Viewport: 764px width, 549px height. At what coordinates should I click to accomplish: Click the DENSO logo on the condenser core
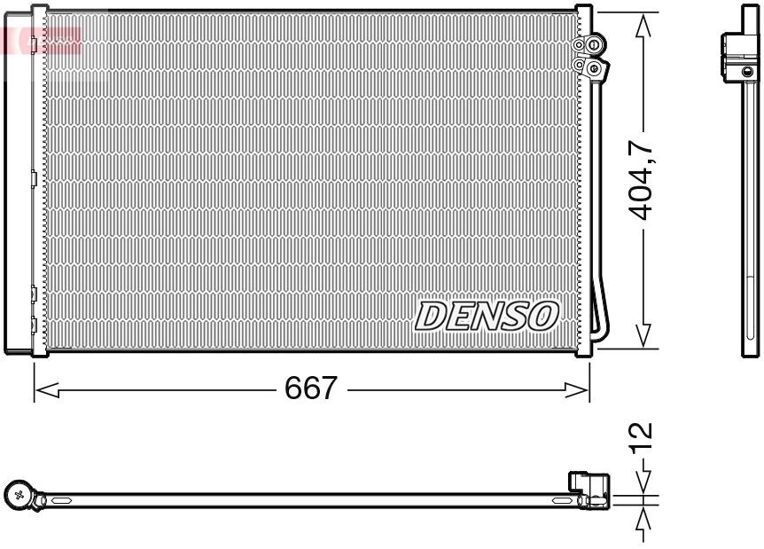tap(487, 316)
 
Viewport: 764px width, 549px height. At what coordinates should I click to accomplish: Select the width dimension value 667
tap(311, 388)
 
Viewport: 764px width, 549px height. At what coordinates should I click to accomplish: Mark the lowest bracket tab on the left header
tap(34, 325)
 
